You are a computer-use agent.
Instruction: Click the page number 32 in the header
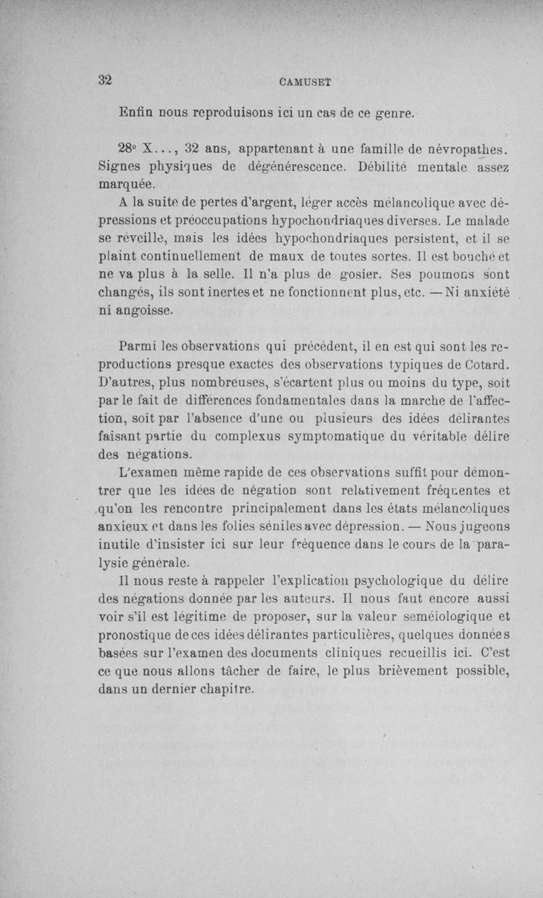(x=105, y=79)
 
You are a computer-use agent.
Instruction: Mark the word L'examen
(x=150, y=472)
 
